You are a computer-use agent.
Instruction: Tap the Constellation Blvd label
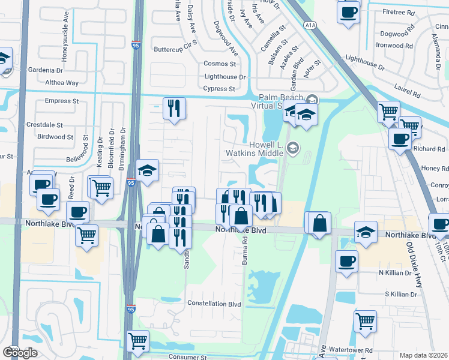pyautogui.click(x=214, y=304)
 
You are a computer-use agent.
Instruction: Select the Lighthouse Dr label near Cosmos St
pyautogui.click(x=225, y=77)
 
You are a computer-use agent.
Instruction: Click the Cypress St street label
pyautogui.click(x=219, y=89)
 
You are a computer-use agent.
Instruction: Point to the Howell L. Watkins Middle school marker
pyautogui.click(x=292, y=148)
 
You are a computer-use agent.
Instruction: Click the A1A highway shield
pyautogui.click(x=310, y=25)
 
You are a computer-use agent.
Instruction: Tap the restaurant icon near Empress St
pyautogui.click(x=174, y=108)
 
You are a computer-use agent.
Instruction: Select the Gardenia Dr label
pyautogui.click(x=46, y=70)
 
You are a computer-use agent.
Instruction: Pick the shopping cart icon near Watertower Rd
pyautogui.click(x=365, y=321)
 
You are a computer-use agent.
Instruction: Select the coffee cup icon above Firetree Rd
pyautogui.click(x=348, y=11)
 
